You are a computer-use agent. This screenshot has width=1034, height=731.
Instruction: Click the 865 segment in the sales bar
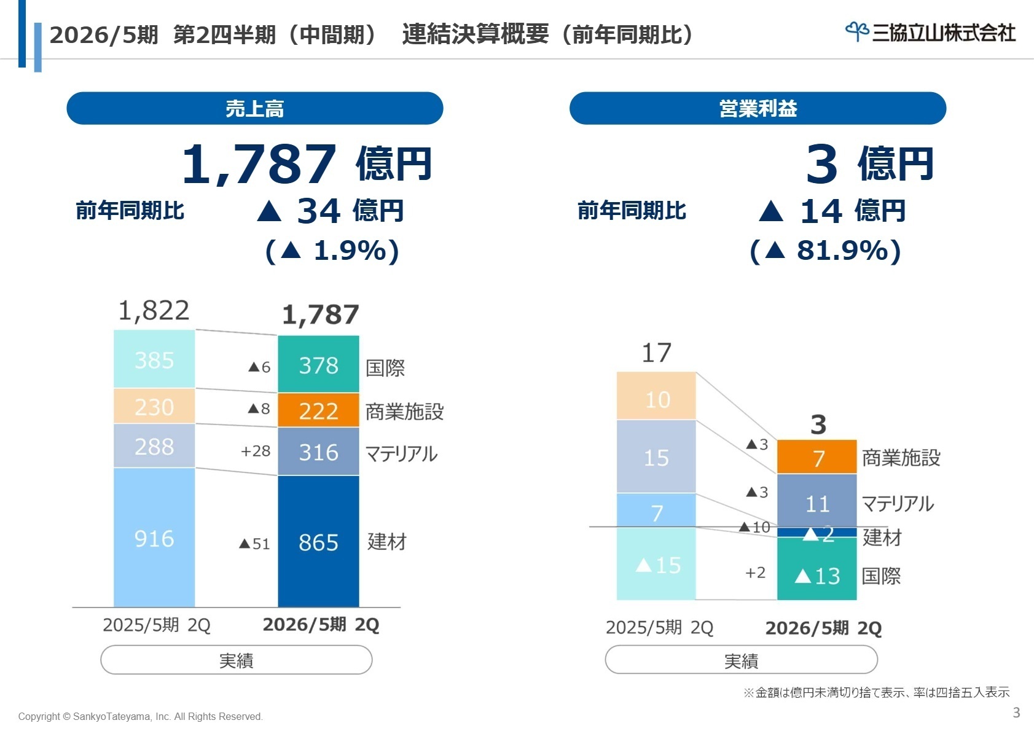(x=318, y=542)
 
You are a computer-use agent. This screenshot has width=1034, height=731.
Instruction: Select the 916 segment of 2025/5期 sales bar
(x=154, y=538)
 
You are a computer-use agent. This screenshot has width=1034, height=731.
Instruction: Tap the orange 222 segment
(x=318, y=410)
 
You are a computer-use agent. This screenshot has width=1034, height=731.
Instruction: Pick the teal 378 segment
(x=318, y=365)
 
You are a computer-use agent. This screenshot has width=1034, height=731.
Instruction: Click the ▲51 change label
(x=254, y=544)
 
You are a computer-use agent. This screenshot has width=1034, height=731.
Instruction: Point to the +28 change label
(x=256, y=451)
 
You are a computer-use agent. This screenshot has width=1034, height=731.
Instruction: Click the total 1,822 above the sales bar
(x=154, y=311)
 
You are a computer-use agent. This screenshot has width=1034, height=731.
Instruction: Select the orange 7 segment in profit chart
(x=817, y=458)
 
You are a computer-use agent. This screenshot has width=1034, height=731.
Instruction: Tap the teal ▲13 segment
(x=817, y=576)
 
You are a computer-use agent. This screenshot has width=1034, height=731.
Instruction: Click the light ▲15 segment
(x=656, y=565)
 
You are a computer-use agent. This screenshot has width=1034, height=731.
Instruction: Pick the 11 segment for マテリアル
(x=817, y=504)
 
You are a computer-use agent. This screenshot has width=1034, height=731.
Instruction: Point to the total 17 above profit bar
(x=656, y=353)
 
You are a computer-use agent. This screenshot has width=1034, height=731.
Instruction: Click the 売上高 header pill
(x=254, y=109)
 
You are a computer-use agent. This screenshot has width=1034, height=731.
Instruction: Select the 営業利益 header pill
(x=758, y=109)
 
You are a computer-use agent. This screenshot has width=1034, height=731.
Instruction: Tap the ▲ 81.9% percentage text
(x=826, y=251)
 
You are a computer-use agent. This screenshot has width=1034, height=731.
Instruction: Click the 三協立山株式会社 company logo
(x=930, y=32)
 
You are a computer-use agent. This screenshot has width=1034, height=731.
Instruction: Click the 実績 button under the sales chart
(x=237, y=660)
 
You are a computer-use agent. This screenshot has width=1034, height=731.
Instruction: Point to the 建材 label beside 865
(x=387, y=542)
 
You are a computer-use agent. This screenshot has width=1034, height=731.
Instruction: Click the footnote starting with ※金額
(x=876, y=692)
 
